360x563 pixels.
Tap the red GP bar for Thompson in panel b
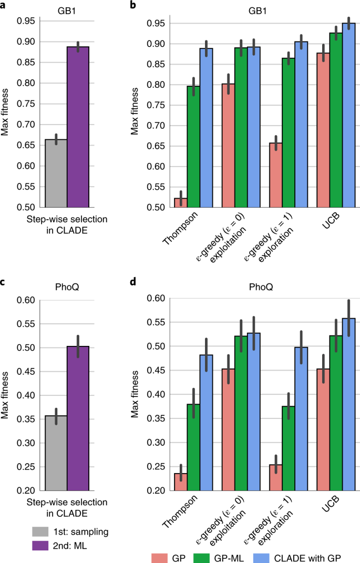(x=181, y=202)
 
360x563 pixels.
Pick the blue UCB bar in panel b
(x=349, y=116)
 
